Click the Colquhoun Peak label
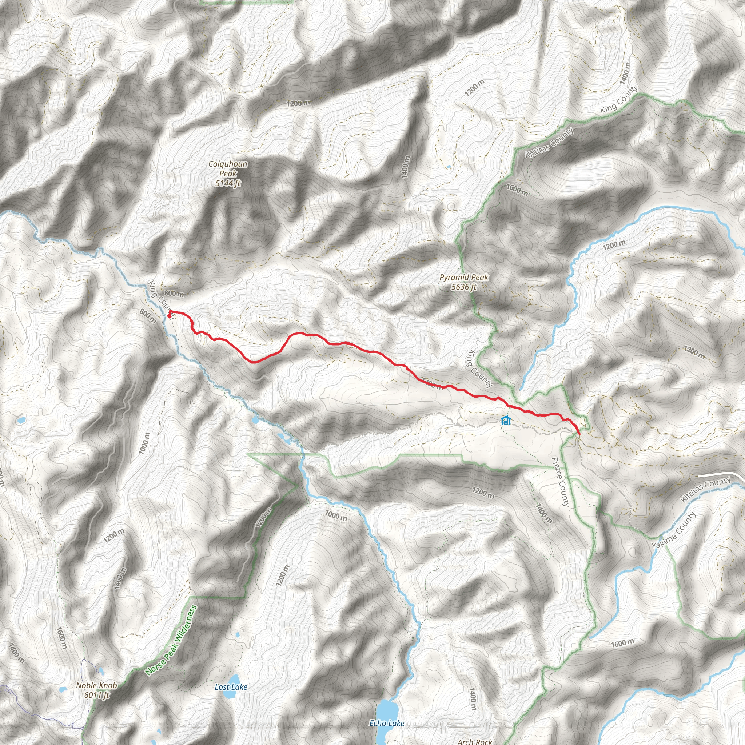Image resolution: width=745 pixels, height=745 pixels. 228,174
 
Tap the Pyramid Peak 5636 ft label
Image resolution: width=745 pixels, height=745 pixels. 464,282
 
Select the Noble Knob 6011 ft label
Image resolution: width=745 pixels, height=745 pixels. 96,690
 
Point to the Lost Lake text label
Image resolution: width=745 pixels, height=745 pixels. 231,687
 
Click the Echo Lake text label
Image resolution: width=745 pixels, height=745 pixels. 387,724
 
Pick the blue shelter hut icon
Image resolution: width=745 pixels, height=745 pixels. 506,420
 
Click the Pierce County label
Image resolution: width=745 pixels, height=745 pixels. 560,482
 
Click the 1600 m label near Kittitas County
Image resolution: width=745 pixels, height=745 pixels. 517,190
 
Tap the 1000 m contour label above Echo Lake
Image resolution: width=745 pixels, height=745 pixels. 336,516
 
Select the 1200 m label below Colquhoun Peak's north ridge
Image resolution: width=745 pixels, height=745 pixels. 298,104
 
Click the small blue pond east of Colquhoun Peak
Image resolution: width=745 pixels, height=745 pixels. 449,167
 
